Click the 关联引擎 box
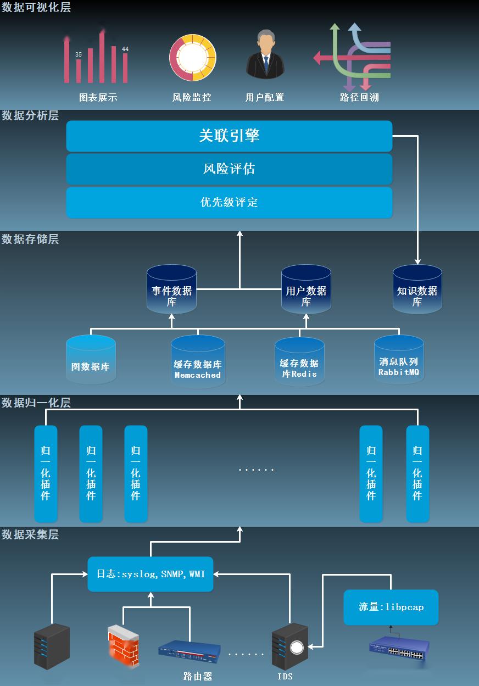(229, 136)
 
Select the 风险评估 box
(229, 169)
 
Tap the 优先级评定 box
(229, 202)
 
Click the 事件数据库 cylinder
(171, 289)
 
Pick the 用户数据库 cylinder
(306, 289)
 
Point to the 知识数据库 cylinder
(417, 289)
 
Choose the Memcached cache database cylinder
(198, 362)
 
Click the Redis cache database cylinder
(299, 362)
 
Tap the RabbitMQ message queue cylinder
(399, 359)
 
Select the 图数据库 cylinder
(91, 359)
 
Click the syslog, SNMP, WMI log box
(151, 574)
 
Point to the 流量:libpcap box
(391, 607)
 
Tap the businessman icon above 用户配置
(265, 54)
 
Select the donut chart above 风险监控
(193, 58)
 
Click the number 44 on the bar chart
(125, 49)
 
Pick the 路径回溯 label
(359, 97)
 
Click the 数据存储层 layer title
(30, 239)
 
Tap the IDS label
(285, 677)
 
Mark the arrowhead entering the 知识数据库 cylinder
(417, 261)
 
